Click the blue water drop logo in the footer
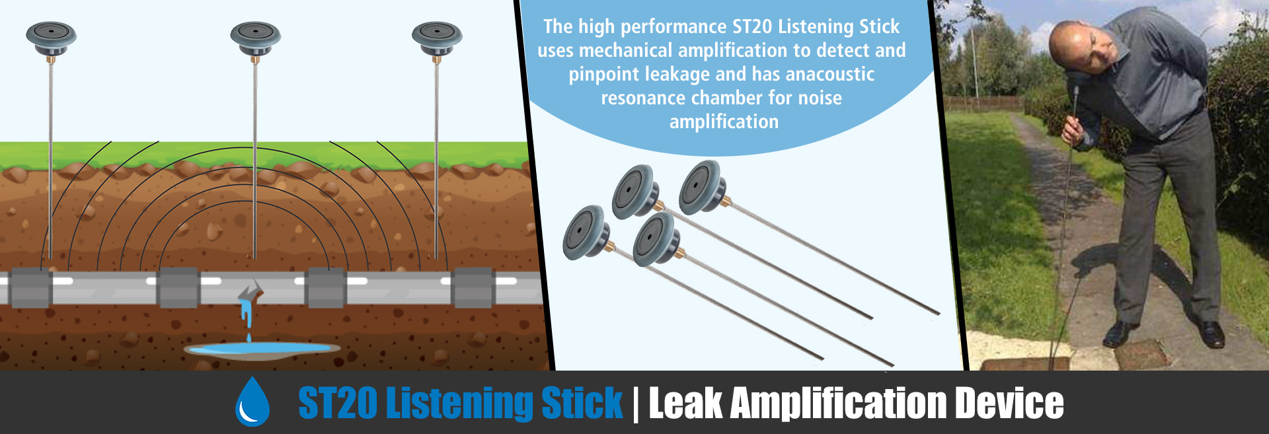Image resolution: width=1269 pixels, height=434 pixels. [252, 402]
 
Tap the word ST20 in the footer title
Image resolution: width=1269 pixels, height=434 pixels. [337, 403]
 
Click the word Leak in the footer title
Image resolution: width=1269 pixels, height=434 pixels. [685, 403]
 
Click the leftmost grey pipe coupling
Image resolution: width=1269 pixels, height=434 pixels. [30, 288]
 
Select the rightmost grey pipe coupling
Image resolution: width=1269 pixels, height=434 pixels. [473, 288]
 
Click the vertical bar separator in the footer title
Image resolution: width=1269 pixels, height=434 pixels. [636, 403]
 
